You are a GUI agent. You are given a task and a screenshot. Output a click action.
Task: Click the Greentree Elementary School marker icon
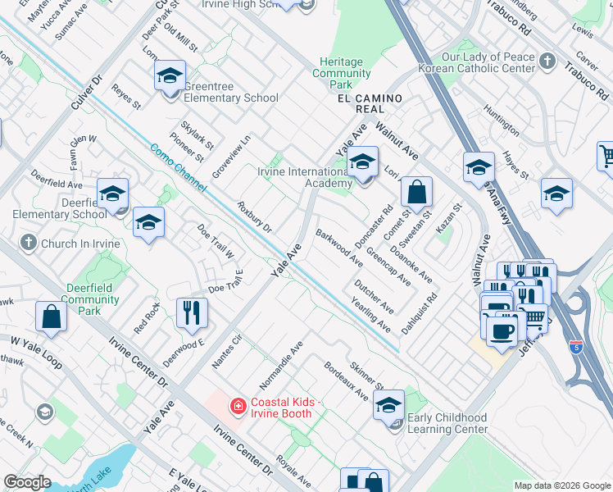tap(169, 78)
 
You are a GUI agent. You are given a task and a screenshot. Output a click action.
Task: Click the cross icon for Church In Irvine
tap(29, 243)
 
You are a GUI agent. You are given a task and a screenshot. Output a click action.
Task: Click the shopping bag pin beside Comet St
tap(416, 194)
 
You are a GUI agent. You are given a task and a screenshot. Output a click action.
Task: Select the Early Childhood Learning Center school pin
tap(389, 405)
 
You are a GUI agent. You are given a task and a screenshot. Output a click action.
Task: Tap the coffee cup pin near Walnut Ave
tap(501, 330)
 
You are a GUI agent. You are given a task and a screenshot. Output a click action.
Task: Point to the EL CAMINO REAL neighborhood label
tap(370, 99)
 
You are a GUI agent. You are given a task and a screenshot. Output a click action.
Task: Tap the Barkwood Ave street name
tap(339, 248)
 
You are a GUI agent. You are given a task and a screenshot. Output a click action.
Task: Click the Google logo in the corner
tap(28, 482)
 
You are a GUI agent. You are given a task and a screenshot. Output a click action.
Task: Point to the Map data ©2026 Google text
tap(561, 485)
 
